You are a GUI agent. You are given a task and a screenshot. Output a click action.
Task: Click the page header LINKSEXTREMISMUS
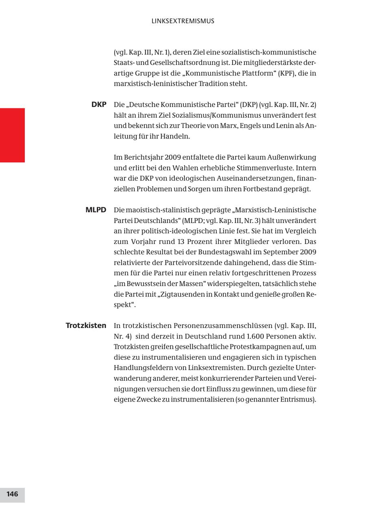pyautogui.click(x=183, y=21)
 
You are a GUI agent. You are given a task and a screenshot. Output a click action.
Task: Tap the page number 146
pyautogui.click(x=12, y=494)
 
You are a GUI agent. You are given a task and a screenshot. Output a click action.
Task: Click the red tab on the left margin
pyautogui.click(x=12, y=135)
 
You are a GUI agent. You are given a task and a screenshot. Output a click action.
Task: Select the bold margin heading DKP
pyautogui.click(x=99, y=105)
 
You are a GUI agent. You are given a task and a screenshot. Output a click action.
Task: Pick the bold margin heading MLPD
pyautogui.click(x=96, y=210)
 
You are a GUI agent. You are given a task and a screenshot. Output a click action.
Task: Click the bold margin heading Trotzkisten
pyautogui.click(x=86, y=326)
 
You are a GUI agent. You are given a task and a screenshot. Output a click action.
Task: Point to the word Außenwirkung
pyautogui.click(x=291, y=158)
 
